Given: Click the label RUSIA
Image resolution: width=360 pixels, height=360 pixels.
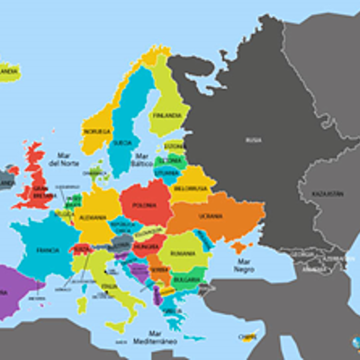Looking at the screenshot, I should click(x=254, y=139).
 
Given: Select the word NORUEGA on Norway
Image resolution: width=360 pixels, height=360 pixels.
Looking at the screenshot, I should click(x=97, y=131).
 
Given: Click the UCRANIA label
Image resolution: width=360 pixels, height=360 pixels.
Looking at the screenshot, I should click(x=211, y=217).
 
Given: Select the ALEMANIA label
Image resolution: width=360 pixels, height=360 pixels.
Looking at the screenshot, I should click(x=92, y=217).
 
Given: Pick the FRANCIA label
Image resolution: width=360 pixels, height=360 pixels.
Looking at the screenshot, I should click(x=47, y=250).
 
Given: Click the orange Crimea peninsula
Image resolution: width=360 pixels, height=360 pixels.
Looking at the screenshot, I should click(x=238, y=245).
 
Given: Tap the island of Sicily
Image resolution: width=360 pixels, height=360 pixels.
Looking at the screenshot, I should click(x=118, y=326).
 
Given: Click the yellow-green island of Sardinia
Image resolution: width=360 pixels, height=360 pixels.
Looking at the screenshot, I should click(x=82, y=304).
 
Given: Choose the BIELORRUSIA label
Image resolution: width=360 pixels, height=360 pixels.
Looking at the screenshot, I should click(x=190, y=190).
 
